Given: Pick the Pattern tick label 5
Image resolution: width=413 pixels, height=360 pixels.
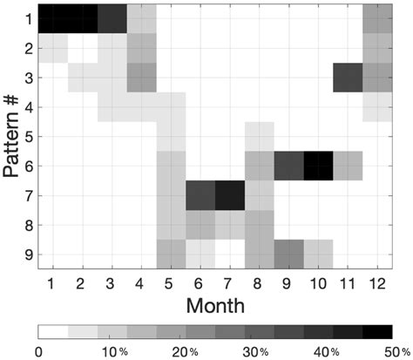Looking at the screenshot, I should [29, 135].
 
